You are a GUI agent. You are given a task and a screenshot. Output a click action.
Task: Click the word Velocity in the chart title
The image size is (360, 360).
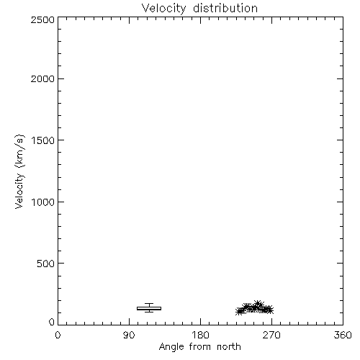coord(163,9)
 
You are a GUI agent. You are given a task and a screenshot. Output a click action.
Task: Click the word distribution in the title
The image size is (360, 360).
coord(225,8)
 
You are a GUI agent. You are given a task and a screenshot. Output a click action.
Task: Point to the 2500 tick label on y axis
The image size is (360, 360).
coord(42,19)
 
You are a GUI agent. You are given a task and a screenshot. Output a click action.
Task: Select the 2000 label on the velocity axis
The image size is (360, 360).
coord(42,78)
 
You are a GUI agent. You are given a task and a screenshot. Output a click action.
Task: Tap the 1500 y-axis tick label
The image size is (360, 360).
coord(43,140)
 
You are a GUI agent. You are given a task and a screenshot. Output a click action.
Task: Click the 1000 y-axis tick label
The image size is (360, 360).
coord(43,202)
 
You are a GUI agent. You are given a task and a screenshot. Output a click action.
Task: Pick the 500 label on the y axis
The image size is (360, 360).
coord(45,264)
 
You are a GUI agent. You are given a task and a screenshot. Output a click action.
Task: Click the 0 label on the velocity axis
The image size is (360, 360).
coord(52,322)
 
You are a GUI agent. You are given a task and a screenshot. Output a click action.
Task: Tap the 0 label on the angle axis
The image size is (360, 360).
coord(58,335)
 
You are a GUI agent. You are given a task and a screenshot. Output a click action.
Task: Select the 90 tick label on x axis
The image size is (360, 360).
coord(129,335)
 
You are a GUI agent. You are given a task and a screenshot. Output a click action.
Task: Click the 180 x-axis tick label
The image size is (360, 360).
coord(200,335)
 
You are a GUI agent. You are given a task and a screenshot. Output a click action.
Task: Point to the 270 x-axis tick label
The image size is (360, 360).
coord(271,335)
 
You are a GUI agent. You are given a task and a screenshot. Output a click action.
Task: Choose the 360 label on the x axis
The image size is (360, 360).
coord(343,335)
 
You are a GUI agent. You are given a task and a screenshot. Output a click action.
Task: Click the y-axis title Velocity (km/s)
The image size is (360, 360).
coord(19,171)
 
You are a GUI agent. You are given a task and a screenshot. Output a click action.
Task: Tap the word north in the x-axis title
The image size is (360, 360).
coord(229,347)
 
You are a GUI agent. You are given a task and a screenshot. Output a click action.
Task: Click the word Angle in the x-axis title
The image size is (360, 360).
coord(171,347)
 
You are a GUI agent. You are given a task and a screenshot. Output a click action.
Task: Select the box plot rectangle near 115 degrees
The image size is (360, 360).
coord(149,308)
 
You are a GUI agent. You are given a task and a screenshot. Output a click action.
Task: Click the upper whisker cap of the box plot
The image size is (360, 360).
coord(149,304)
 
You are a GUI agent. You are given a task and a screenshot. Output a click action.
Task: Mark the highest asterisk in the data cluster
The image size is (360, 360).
coord(258,305)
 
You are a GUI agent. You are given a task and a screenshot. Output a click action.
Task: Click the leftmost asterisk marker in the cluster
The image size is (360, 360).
coord(239,312)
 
